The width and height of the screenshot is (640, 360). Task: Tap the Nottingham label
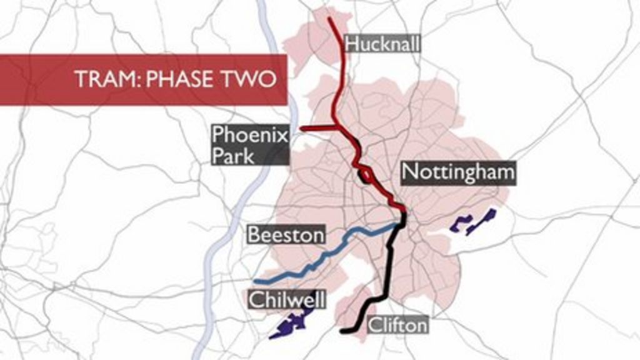(x=458, y=172)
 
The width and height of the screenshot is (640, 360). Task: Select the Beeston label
(x=286, y=234)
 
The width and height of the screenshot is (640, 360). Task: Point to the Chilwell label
(x=287, y=299)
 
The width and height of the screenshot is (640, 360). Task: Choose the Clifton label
(x=397, y=325)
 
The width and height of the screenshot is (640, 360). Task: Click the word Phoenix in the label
(x=249, y=134)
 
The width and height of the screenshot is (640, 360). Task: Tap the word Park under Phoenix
(x=233, y=155)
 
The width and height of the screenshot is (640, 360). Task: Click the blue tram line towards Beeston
(x=337, y=244)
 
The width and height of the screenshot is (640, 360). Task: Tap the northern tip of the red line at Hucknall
(x=330, y=18)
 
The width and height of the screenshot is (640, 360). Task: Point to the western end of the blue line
(x=256, y=281)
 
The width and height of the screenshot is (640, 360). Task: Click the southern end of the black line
(x=342, y=330)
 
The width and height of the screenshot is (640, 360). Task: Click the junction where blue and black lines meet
(x=402, y=223)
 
